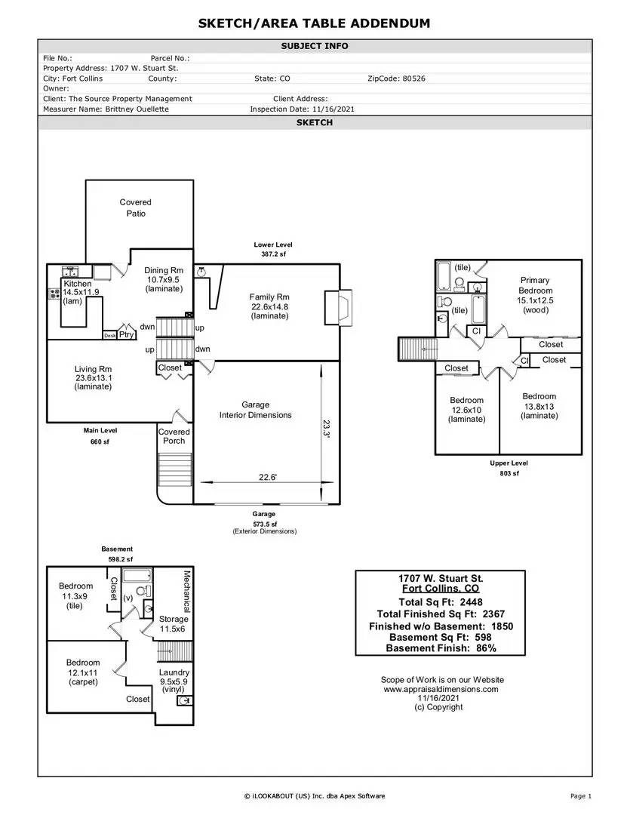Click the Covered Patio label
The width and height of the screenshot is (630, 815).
136,208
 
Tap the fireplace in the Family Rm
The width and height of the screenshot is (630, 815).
338,307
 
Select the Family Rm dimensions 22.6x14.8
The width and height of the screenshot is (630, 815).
269,306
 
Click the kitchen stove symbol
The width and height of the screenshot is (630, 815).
54,294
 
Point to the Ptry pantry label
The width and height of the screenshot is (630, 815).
126,334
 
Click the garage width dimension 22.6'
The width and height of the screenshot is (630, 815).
268,477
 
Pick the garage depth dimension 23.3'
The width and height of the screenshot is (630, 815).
327,429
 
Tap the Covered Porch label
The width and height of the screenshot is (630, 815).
174,436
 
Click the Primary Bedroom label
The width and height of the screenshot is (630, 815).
535,284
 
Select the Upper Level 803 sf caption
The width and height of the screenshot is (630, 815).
509,468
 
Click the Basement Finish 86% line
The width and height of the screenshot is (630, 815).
441,648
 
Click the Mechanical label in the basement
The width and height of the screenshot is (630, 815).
186,591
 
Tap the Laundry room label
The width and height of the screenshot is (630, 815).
174,672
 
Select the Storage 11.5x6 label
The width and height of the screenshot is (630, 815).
173,624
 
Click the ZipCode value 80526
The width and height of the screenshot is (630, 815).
413,78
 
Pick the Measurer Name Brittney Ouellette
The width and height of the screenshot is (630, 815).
137,109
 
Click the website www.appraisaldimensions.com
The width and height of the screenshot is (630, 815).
441,689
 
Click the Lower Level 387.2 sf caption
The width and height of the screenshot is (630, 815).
273,249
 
